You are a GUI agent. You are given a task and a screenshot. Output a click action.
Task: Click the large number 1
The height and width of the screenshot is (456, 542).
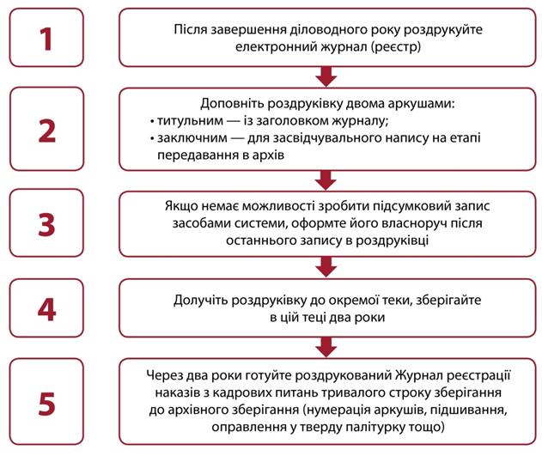tap(46, 39)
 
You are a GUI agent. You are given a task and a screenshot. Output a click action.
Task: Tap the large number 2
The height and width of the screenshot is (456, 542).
tap(46, 131)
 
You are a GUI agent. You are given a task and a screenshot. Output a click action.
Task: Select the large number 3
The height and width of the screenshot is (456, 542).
tap(46, 225)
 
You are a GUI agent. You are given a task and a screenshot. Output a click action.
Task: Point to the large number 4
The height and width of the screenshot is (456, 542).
tap(46, 309)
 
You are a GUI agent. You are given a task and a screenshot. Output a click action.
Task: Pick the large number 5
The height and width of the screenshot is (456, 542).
tap(46, 404)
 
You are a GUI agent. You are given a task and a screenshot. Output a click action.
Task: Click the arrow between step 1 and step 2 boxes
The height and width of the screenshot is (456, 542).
tap(326, 76)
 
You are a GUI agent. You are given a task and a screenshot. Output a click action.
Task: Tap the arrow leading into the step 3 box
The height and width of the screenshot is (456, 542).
tap(326, 180)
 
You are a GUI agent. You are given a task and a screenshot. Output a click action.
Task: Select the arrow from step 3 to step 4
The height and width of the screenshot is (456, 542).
tap(326, 267)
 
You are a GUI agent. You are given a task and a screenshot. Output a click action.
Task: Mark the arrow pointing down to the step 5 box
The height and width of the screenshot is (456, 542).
tap(326, 347)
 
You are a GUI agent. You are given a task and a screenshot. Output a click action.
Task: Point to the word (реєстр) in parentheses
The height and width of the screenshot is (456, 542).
tap(396, 47)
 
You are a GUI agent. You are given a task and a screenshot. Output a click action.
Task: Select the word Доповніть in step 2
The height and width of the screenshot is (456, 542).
tap(232, 104)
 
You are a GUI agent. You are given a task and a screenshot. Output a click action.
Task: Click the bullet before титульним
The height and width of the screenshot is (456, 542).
tap(152, 122)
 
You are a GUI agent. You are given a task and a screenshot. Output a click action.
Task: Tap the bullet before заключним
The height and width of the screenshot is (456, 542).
tap(152, 139)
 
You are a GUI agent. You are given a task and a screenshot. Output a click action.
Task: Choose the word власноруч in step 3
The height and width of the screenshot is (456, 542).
tap(415, 223)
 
